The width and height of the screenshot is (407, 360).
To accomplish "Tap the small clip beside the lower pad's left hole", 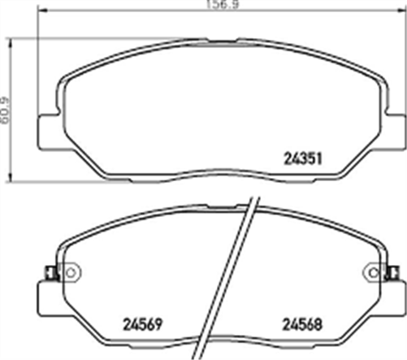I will (50, 272).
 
